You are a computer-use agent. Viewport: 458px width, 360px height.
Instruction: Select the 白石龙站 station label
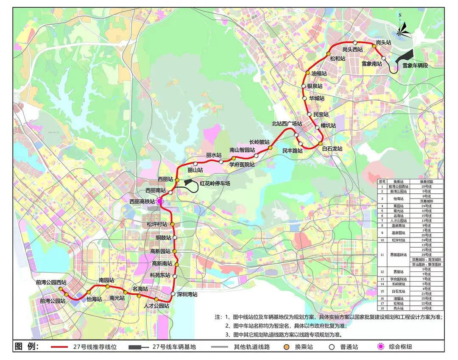point(332,149)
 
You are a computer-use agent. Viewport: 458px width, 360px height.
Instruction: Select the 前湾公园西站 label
point(51,282)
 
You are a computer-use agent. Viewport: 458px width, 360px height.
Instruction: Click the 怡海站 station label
point(95,299)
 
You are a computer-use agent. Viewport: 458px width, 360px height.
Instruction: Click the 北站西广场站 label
point(287,124)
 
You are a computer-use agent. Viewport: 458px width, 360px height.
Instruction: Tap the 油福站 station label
point(319,73)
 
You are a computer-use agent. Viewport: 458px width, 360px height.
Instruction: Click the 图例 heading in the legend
point(26,346)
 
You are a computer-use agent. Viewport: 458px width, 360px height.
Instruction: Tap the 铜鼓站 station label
point(163,237)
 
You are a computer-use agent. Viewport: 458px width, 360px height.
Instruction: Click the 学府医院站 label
point(242,165)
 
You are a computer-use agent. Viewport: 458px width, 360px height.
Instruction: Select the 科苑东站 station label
point(160,275)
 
